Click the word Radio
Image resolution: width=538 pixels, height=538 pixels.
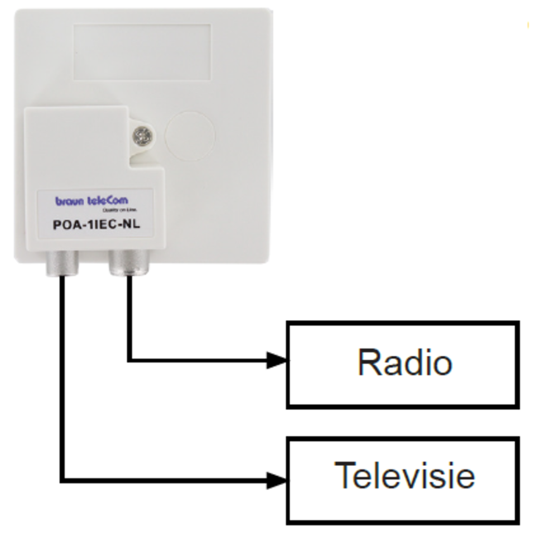(405, 363)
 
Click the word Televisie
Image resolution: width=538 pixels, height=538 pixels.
(405, 476)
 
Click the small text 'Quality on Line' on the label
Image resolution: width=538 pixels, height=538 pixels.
(115, 209)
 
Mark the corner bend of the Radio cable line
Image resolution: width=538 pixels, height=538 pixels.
(130, 360)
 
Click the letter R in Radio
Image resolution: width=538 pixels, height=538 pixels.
(367, 363)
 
